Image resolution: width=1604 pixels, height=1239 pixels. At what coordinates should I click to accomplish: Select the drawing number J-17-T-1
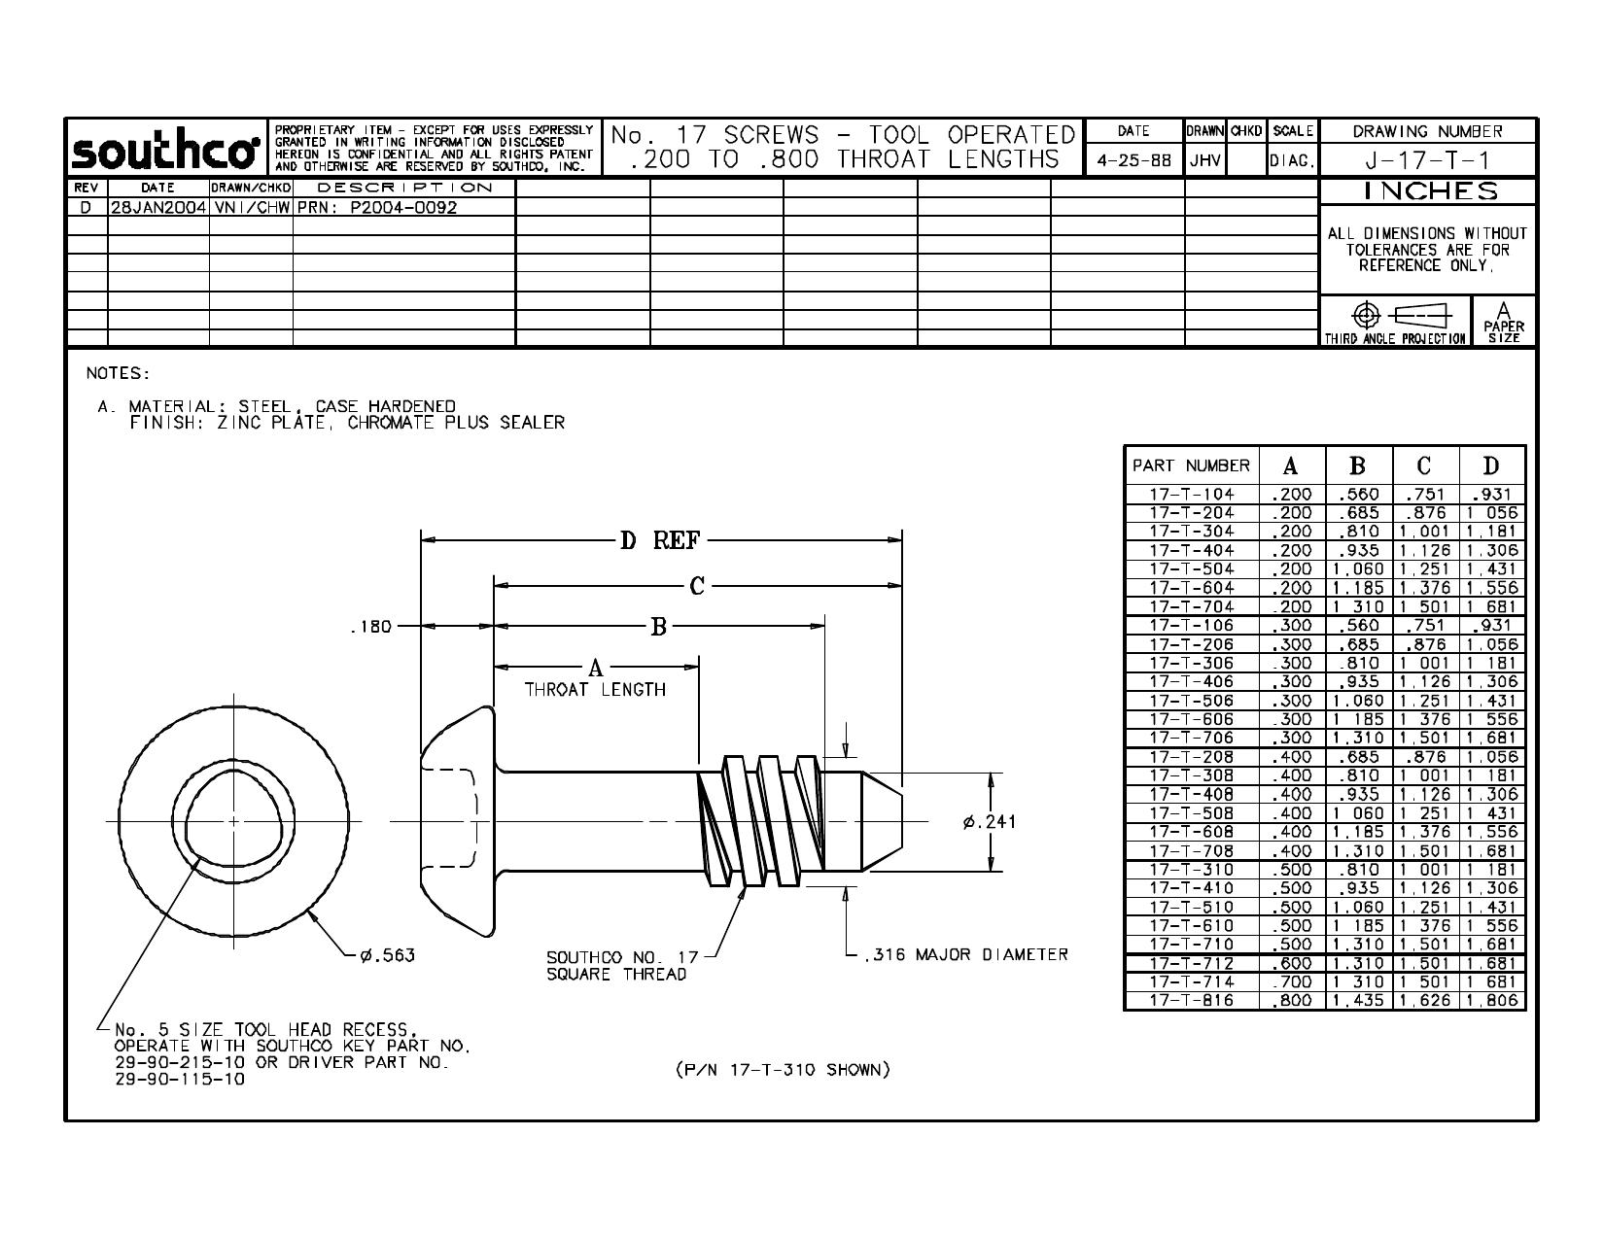(1427, 159)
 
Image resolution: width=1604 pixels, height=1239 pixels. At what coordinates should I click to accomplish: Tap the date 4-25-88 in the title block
(1133, 160)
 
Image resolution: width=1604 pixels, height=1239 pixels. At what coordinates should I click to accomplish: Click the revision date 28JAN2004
(157, 207)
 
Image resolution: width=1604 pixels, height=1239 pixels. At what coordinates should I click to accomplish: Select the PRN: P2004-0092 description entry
(377, 207)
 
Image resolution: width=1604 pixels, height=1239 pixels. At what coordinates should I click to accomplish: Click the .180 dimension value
(371, 627)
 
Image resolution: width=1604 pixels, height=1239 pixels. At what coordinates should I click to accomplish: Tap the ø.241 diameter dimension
(989, 821)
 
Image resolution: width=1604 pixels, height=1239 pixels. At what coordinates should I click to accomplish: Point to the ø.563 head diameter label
(388, 955)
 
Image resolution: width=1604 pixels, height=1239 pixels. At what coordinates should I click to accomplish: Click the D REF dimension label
(660, 540)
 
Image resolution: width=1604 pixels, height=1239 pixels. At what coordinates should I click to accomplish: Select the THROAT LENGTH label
(595, 689)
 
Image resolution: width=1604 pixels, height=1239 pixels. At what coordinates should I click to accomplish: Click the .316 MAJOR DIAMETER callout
(966, 954)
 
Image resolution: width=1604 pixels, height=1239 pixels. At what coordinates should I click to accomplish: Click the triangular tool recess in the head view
(234, 820)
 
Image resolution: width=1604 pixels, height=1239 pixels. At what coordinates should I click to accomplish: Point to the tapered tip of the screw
(882, 820)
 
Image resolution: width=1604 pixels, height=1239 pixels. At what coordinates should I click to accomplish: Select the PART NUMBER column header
(1191, 465)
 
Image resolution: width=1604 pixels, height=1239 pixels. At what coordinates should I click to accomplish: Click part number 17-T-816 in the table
(1192, 1001)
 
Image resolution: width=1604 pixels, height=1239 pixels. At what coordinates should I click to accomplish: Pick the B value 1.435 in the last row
(1358, 1001)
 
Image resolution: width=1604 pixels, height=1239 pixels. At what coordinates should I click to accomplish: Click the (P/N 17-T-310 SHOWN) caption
(784, 1069)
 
